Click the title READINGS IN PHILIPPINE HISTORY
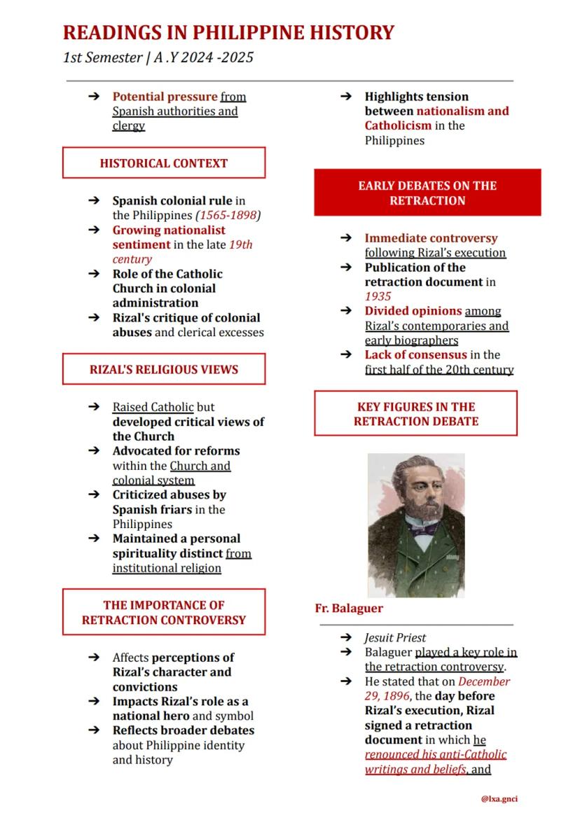[228, 33]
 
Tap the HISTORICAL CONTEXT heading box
[164, 163]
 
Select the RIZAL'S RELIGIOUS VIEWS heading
[164, 369]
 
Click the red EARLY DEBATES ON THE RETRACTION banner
[427, 193]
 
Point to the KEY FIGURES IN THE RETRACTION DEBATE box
[415, 414]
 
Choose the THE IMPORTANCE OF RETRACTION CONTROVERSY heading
[164, 612]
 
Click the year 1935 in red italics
[378, 296]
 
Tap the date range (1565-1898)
[228, 216]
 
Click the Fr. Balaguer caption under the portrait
[349, 609]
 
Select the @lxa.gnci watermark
[499, 798]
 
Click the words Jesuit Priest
[395, 637]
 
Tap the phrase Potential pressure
[165, 97]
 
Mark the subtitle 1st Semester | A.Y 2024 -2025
[158, 57]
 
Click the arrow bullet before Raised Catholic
[94, 407]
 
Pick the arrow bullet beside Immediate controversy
[346, 238]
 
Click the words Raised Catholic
[153, 407]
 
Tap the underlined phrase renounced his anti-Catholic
[435, 754]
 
